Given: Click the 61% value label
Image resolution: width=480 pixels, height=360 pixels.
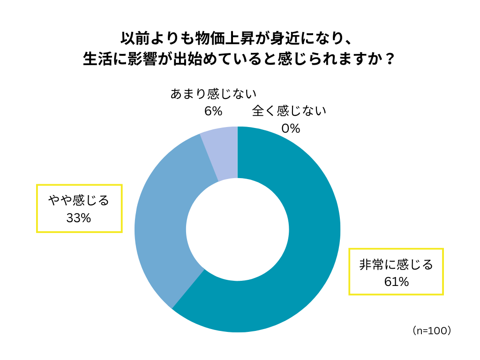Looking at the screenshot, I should click(x=396, y=282).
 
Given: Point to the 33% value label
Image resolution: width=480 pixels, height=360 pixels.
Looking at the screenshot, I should click(x=79, y=218).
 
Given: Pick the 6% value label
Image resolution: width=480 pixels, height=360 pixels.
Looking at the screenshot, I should click(x=213, y=111).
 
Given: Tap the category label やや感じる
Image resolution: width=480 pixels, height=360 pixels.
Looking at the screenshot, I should click(x=79, y=201).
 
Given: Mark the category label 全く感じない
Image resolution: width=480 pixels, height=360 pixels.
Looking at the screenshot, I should click(x=289, y=112).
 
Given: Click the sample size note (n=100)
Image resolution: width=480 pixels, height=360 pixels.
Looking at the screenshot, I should click(x=432, y=330).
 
